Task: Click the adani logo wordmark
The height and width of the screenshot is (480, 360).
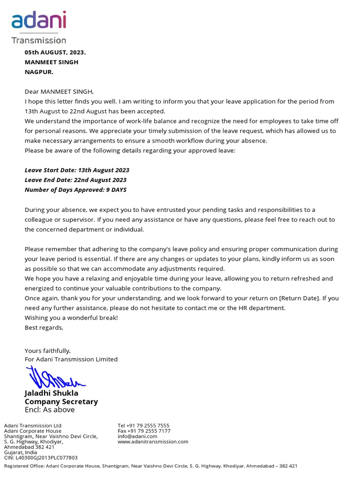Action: click(x=38, y=21)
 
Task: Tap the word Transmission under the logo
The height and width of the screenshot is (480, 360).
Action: click(x=38, y=40)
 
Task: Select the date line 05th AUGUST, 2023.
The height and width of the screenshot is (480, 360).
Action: click(x=55, y=52)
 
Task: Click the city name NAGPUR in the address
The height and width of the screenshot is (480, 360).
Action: click(x=39, y=72)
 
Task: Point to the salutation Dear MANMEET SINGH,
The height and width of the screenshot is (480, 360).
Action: click(x=59, y=91)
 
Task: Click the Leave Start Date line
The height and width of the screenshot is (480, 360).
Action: click(x=77, y=170)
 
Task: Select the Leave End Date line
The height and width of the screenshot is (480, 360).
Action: click(x=75, y=180)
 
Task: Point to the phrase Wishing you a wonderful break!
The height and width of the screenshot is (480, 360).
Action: click(x=71, y=318)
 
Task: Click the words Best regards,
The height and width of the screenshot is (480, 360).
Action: click(x=44, y=328)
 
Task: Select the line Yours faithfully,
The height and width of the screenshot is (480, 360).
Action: click(x=48, y=351)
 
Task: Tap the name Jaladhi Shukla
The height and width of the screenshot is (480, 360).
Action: click(x=52, y=393)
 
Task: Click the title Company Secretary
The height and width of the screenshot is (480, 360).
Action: click(x=61, y=402)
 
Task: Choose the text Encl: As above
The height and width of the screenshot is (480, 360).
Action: click(x=50, y=410)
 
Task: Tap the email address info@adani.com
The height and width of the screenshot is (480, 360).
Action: click(x=137, y=436)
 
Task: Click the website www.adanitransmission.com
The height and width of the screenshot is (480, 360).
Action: click(x=153, y=442)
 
